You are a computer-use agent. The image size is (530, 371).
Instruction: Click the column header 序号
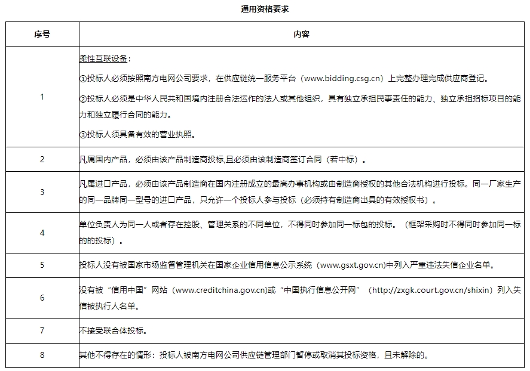(42, 35)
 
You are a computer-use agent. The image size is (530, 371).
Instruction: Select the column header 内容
(301, 35)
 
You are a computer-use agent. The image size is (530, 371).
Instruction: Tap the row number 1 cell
(42, 97)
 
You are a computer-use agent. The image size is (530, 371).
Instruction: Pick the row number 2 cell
(42, 160)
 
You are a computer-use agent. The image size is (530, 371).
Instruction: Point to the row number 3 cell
(42, 192)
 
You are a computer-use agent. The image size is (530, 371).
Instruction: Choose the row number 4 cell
(42, 233)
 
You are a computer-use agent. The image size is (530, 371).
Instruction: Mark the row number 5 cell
(42, 265)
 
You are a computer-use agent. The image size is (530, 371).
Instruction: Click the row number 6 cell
(42, 297)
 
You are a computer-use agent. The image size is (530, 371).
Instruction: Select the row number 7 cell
(42, 330)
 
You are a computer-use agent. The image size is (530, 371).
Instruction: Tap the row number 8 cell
(42, 355)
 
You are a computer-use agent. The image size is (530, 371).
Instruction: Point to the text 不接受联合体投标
(112, 330)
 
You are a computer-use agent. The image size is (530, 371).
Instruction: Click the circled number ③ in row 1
(83, 134)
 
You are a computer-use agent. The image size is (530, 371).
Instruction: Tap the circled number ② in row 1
(83, 98)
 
